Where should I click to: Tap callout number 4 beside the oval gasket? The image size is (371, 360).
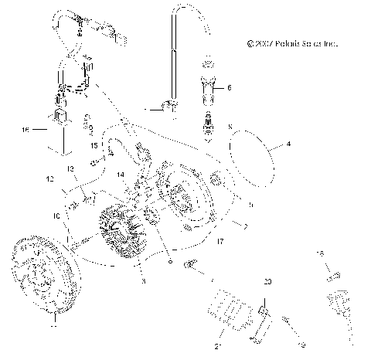[288, 143]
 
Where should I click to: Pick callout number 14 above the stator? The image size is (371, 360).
[121, 176]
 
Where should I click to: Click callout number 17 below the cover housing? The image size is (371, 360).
[222, 242]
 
